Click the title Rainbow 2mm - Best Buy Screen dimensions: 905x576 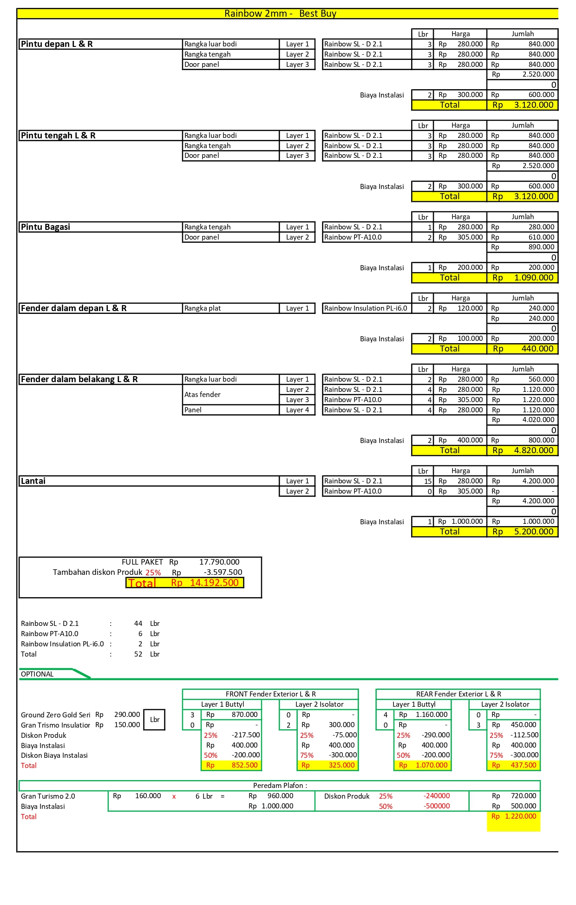click(280, 13)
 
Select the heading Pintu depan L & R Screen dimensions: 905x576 click(57, 44)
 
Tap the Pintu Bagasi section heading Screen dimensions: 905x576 click(46, 227)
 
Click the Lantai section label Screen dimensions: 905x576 click(33, 481)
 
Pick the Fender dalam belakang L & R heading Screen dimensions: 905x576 click(79, 379)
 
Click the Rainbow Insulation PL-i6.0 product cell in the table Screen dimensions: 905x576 click(366, 308)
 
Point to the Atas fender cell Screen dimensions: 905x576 click(203, 395)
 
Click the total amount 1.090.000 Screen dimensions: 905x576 click(534, 278)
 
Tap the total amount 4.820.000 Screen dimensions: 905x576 click(534, 450)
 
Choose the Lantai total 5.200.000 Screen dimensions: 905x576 click(534, 532)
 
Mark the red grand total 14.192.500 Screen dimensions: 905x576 click(214, 583)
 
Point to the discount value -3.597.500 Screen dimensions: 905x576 click(223, 572)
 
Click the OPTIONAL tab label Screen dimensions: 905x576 click(37, 674)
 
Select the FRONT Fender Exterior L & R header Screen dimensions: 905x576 click(270, 694)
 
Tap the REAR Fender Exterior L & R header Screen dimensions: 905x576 click(458, 694)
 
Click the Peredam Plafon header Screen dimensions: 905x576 click(280, 786)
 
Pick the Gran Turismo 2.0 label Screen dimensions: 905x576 click(48, 796)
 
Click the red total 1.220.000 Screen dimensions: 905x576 click(520, 816)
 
